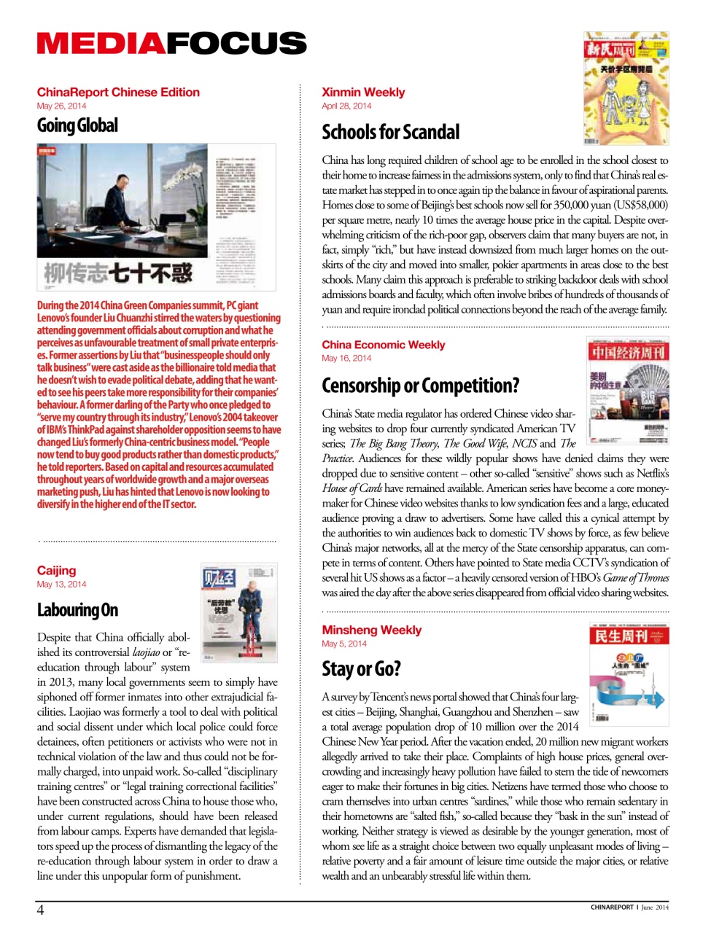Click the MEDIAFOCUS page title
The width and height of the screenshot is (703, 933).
point(171,44)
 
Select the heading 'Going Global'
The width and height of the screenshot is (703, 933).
point(77,126)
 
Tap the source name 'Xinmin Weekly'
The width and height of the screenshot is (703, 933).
point(363,92)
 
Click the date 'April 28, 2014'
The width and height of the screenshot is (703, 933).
point(346,106)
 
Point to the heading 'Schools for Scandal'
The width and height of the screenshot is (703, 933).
point(391,132)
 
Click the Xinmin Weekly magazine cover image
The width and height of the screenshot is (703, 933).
point(626,88)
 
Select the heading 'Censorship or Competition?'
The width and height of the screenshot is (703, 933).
point(421,385)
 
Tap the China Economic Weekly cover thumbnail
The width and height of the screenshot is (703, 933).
point(628,391)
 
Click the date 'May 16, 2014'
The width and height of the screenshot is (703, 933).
point(346,358)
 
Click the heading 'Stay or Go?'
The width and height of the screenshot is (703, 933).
point(361,668)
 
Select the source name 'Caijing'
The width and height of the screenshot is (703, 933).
point(56,570)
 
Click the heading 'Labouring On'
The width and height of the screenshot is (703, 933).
point(77,610)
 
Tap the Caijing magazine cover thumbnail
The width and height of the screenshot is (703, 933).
point(238,612)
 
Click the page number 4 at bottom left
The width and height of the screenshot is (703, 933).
point(41,910)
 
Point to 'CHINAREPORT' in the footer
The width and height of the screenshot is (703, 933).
point(612,907)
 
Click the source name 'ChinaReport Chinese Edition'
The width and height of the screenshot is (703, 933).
point(118,92)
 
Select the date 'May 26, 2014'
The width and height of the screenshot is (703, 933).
point(61,106)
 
